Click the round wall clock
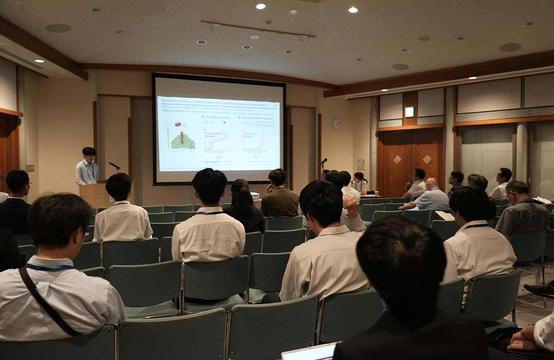point(337,124)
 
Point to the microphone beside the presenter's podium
point(114,165)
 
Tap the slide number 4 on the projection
point(276,106)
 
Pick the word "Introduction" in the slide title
point(168,100)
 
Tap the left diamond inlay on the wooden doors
point(397,159)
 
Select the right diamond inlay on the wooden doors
point(427,159)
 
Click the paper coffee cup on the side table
point(376,193)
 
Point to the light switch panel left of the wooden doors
point(361,164)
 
